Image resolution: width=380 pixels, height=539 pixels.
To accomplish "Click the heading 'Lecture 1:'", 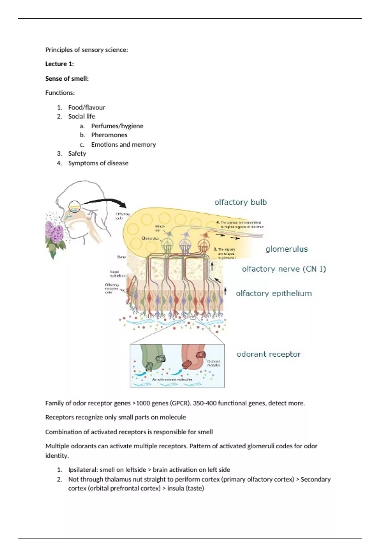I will (x=60, y=64).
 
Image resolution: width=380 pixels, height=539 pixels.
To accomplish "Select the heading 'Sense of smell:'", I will (x=67, y=79).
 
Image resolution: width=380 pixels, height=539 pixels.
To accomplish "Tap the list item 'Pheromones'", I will (x=109, y=135).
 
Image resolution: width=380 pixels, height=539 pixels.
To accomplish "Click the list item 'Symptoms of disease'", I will (x=98, y=163).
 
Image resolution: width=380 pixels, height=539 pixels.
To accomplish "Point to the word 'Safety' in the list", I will (x=77, y=154).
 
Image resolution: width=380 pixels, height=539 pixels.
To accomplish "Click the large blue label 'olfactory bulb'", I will (x=241, y=202).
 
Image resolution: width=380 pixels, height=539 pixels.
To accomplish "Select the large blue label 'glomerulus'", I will (x=287, y=249).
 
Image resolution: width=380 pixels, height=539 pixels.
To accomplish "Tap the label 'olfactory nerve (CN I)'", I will (x=284, y=269).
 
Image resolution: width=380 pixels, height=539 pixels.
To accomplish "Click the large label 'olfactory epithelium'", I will (x=274, y=294).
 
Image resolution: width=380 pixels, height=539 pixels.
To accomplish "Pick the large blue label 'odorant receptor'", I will (x=269, y=354).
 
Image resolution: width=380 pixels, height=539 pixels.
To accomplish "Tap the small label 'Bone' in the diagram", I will (x=122, y=257).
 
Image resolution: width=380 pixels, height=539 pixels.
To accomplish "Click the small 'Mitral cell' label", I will (x=160, y=228).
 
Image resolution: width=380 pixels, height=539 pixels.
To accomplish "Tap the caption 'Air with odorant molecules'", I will (x=172, y=380).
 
